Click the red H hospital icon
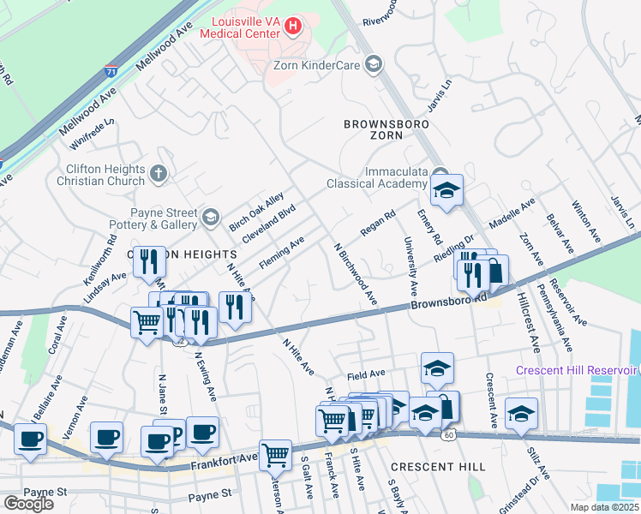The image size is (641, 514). tap(293, 27)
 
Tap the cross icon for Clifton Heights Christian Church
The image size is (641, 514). tap(157, 175)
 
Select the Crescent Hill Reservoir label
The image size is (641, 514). tap(576, 370)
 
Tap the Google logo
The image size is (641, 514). tap(28, 503)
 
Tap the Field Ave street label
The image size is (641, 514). tap(366, 376)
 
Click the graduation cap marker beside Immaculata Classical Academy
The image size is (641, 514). tap(446, 191)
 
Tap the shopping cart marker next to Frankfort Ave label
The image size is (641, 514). tap(275, 454)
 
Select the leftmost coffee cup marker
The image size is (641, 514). tap(32, 439)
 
